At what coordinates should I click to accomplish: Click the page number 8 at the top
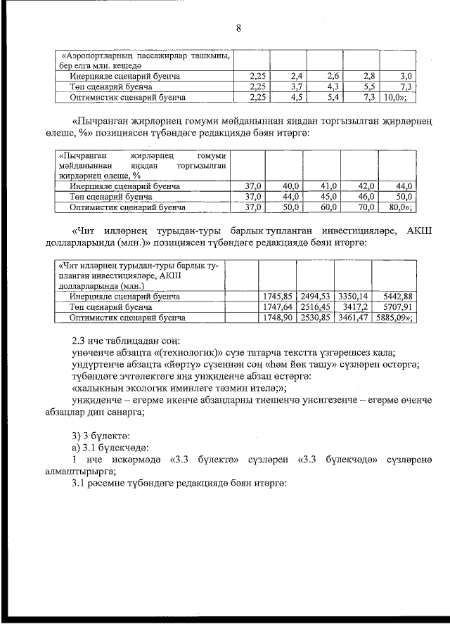[x=238, y=29]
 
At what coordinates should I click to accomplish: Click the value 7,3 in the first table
[x=405, y=86]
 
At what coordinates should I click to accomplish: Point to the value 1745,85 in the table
[x=276, y=297]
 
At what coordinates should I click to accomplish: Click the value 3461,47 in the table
[x=352, y=318]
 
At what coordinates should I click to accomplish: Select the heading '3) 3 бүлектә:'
[x=98, y=436]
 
